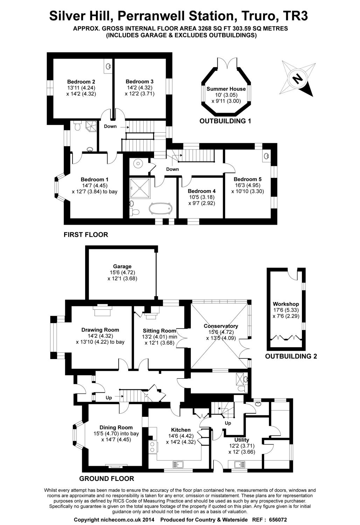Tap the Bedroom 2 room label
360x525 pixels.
(81, 82)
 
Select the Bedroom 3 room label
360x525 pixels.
(139, 82)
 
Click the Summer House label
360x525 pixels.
(226, 89)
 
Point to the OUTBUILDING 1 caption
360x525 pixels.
(225, 121)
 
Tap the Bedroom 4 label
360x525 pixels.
(201, 191)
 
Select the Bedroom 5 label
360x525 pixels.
(248, 179)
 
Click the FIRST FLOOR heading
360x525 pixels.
(86, 235)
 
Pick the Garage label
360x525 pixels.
(122, 266)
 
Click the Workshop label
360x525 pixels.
(286, 304)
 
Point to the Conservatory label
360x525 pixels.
(221, 326)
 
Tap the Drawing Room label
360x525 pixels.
(100, 330)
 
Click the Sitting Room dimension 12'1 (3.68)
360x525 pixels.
(159, 343)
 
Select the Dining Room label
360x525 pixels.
(116, 427)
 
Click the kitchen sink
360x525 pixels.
(178, 464)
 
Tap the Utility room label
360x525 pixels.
(242, 440)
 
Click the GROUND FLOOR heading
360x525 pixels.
(107, 479)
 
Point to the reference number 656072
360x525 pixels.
(277, 520)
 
